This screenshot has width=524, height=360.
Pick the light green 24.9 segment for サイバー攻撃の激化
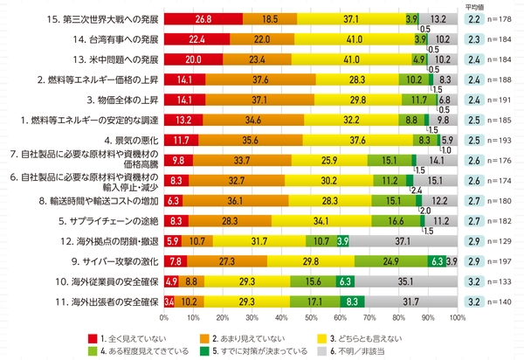391,260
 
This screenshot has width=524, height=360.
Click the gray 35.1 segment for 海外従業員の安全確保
406,280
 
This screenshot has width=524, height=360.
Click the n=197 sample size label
507,260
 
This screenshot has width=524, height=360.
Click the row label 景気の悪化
128,139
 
